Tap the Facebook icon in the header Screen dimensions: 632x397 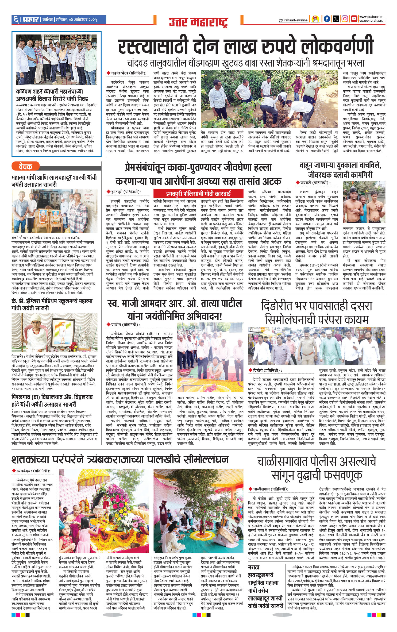tap(327, 19)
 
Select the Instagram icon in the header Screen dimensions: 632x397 tap(345, 19)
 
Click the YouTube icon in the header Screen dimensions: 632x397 tap(354, 19)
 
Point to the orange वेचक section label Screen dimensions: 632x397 tap(25, 167)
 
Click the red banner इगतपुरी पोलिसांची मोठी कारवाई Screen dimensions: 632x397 tap(198, 193)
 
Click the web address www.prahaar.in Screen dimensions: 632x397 tap(372, 17)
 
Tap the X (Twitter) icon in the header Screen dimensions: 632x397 tap(336, 19)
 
